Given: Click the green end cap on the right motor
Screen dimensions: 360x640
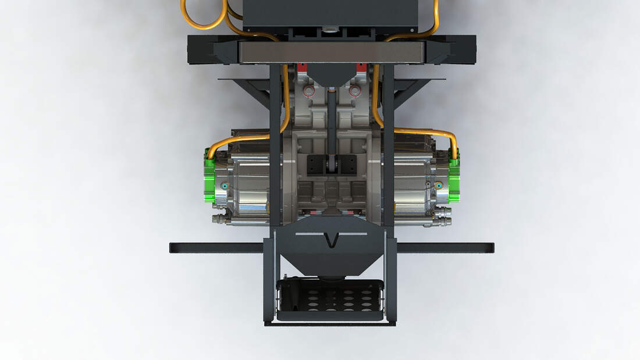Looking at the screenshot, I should pos(454,177).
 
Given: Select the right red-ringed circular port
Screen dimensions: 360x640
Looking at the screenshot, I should pos(354,91).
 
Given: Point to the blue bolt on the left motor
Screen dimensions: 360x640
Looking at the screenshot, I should pos(224,186).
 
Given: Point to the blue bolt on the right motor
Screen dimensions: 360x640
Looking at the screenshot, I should pos(439,186).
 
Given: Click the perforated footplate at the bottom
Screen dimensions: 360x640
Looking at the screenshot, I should pos(330,298).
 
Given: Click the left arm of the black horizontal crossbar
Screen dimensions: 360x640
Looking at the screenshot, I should pos(215,248).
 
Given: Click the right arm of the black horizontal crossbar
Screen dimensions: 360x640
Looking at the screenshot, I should pos(445,248).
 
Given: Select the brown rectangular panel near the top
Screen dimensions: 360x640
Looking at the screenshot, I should pos(332,52).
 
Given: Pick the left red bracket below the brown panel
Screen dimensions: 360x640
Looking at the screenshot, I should pos(301,68).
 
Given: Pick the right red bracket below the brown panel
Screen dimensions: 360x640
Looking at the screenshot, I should pos(362,68).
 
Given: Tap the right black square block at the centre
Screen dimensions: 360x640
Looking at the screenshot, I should pos(347,165).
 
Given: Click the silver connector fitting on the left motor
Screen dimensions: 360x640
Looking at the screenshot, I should pos(221,219).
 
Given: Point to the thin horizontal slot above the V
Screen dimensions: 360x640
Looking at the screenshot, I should pos(332,234).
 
